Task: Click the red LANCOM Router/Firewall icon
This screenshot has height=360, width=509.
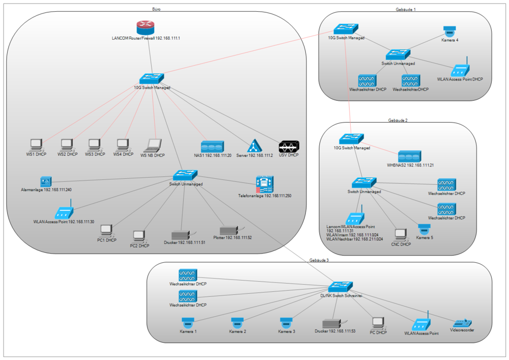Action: click(148, 27)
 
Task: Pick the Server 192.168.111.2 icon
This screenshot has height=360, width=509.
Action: click(254, 146)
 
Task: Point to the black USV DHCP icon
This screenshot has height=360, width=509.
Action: click(289, 146)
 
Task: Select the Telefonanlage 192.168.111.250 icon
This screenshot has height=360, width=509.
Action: click(265, 183)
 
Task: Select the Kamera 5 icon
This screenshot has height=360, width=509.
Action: click(424, 230)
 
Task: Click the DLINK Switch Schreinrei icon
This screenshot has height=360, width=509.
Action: click(337, 287)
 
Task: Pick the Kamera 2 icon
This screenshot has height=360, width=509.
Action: click(237, 323)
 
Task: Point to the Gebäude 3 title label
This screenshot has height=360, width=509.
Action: click(319, 260)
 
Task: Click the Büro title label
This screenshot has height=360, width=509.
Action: click(156, 9)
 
